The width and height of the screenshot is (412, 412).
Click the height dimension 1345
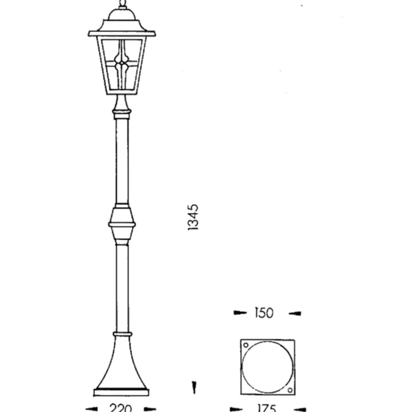coord(193,217)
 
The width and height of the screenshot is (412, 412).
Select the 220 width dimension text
coord(121,408)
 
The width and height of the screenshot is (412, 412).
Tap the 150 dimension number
coord(264,313)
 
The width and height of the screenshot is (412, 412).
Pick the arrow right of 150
coord(295,314)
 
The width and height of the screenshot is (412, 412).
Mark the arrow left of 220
coord(91,409)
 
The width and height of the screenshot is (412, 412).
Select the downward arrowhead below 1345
coord(194,387)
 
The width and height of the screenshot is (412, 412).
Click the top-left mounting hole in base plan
coord(246,345)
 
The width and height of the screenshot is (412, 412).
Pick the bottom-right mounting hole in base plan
coord(290,390)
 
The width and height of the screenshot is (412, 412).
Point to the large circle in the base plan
coord(268,367)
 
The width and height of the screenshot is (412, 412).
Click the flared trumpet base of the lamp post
coord(121,363)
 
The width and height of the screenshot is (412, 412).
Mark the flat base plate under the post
coord(121,392)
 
